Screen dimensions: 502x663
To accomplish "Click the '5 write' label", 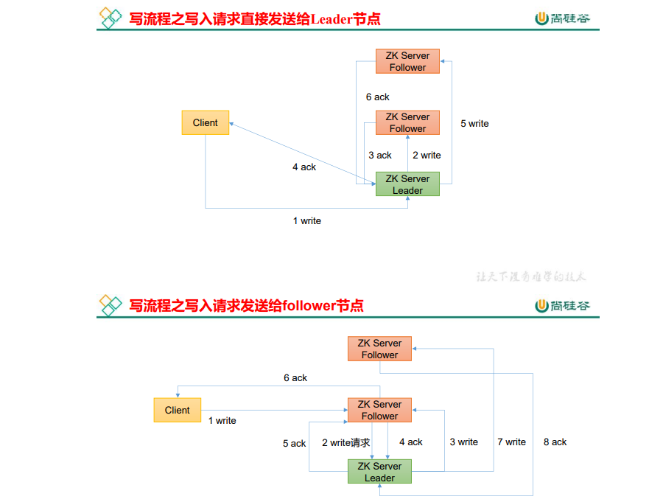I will tap(474, 124).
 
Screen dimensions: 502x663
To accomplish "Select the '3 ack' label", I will tap(380, 156).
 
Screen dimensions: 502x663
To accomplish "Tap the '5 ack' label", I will tap(294, 444).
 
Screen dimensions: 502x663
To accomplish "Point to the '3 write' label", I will tap(464, 442).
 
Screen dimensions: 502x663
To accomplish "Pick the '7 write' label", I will tap(511, 442).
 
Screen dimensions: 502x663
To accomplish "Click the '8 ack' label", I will tap(555, 442).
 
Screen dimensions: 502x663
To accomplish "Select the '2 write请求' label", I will tap(345, 443).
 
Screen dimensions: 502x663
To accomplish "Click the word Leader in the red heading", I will tap(331, 18).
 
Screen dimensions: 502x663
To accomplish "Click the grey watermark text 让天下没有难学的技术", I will tap(530, 277).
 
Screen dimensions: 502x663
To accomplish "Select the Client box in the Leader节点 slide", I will tap(206, 122).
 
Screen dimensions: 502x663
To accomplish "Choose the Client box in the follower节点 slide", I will tap(177, 410).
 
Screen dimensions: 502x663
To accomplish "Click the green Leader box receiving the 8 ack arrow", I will tap(379, 472).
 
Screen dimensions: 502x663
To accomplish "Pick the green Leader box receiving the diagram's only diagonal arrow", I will tap(407, 184).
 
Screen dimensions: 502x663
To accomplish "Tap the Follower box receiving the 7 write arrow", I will tap(379, 349).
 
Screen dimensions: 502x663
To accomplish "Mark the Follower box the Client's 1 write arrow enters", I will tap(379, 410).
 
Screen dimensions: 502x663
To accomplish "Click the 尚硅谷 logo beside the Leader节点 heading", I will tap(563, 18).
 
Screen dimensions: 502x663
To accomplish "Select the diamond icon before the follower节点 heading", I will tap(110, 304).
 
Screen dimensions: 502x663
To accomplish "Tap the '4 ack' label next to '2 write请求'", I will tap(411, 442).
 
